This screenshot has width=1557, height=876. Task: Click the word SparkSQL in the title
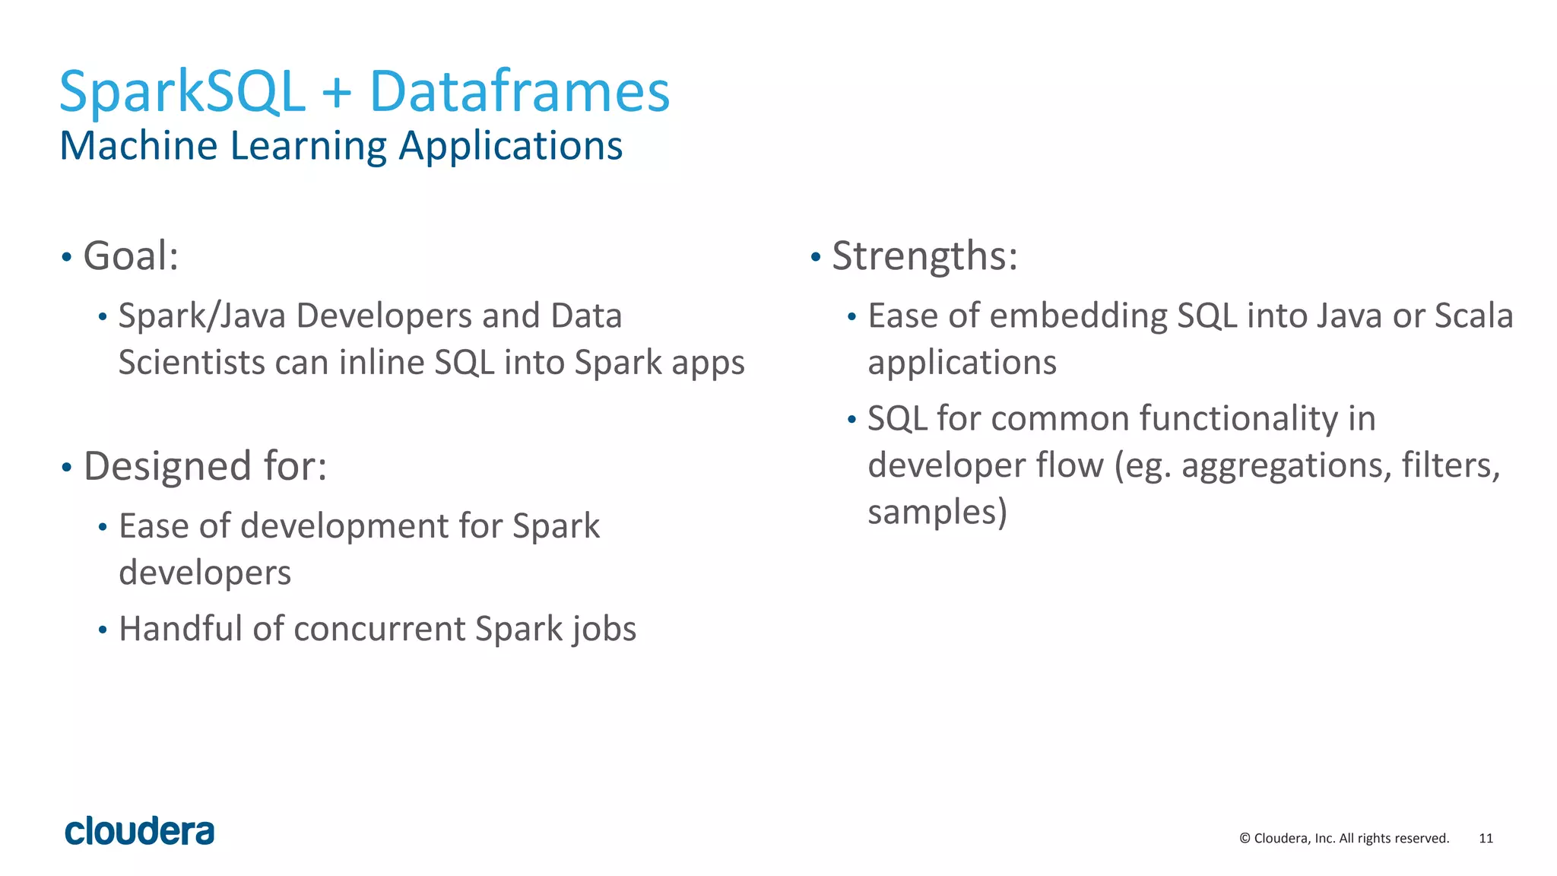pos(182,92)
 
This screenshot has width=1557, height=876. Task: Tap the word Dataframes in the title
pos(519,92)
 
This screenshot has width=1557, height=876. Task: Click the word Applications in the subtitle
pos(510,147)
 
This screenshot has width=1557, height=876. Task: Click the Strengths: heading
pos(924,255)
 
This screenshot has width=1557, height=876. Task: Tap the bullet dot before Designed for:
pos(67,467)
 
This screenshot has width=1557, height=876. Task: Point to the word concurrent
pos(379,630)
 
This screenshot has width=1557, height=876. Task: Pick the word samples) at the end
pos(937,512)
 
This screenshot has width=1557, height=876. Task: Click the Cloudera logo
pos(140,831)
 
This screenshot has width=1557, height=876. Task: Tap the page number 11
pos(1486,838)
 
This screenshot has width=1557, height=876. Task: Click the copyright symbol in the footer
pos(1245,838)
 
